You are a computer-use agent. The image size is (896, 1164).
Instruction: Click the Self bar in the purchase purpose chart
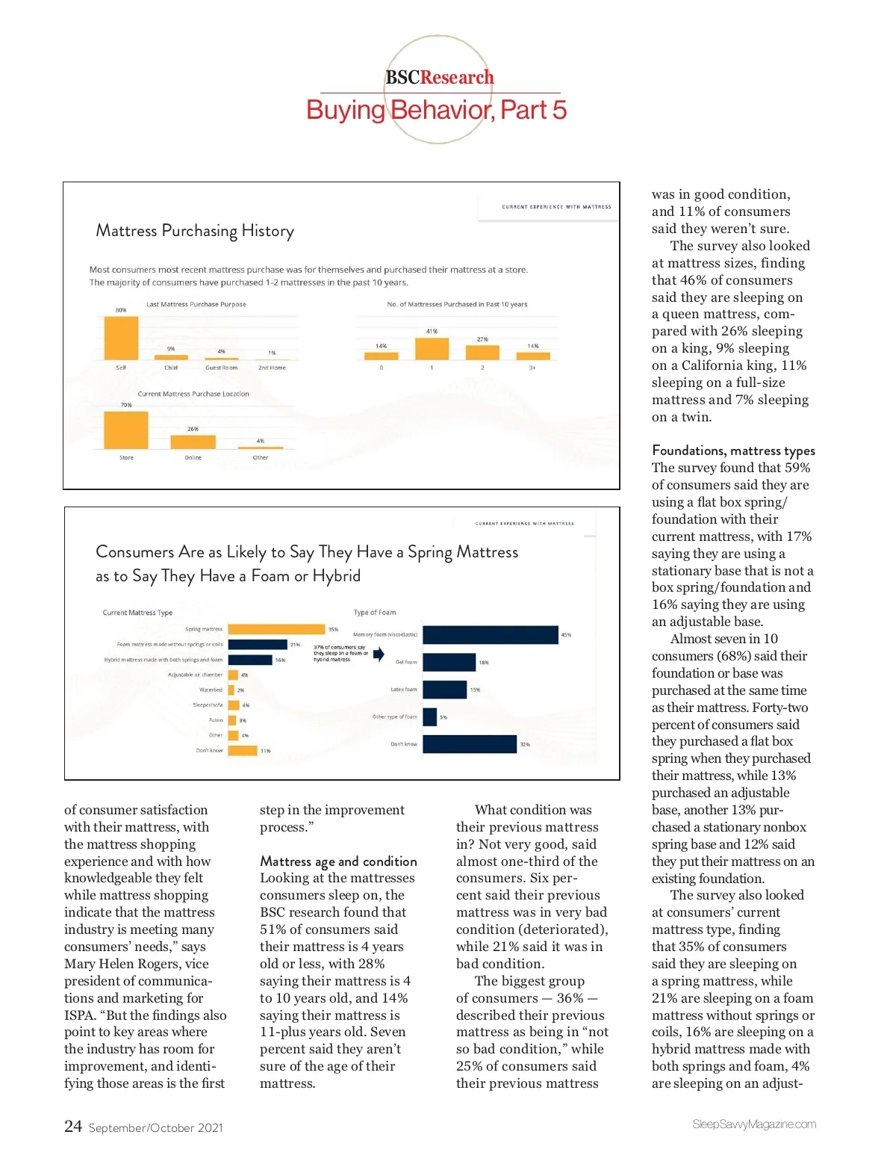click(121, 338)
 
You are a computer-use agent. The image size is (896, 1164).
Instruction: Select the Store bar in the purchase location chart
click(126, 430)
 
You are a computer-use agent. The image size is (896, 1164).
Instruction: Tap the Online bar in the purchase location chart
click(193, 442)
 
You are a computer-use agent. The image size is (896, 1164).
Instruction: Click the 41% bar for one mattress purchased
click(432, 348)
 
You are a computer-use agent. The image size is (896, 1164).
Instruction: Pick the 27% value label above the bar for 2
click(482, 339)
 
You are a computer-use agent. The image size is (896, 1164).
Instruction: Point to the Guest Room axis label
click(221, 368)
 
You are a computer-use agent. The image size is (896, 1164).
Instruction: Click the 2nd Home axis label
click(272, 368)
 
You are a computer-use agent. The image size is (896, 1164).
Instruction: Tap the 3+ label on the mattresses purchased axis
click(532, 368)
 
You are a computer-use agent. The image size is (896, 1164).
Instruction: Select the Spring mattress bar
click(276, 629)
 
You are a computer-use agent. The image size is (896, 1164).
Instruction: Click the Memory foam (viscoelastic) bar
click(490, 635)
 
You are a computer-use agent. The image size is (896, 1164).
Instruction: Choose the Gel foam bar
click(449, 662)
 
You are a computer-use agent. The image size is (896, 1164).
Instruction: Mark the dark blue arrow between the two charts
click(379, 654)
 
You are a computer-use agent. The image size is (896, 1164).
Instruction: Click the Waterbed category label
click(211, 690)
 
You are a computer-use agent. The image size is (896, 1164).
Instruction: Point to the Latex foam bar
click(444, 690)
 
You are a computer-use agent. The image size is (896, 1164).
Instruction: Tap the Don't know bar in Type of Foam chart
click(469, 744)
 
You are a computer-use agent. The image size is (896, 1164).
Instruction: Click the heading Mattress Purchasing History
click(195, 231)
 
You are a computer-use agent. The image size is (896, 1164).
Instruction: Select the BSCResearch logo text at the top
click(439, 78)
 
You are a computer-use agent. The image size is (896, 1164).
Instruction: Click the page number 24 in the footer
click(73, 1126)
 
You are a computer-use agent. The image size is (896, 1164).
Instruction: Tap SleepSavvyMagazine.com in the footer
click(754, 1124)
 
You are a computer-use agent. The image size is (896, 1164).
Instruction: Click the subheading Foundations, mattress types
click(733, 451)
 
